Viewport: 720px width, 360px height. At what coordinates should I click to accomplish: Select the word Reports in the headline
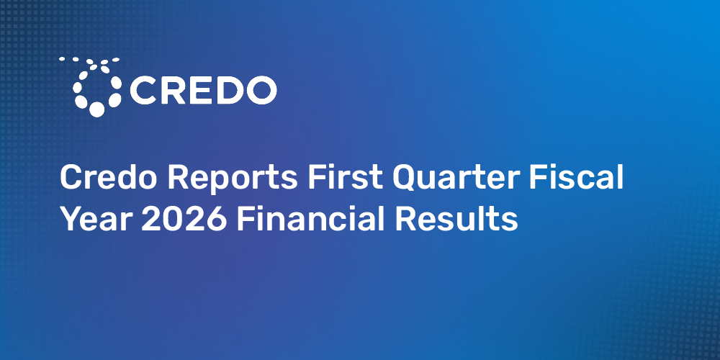[x=233, y=179]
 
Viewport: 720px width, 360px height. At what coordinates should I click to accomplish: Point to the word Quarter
[x=456, y=178]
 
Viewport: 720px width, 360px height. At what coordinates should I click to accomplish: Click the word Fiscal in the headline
[x=576, y=177]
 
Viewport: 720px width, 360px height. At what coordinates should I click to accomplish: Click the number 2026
[x=184, y=219]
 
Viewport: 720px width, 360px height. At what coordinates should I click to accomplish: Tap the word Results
[x=456, y=219]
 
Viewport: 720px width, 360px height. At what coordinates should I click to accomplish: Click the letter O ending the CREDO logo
[x=260, y=90]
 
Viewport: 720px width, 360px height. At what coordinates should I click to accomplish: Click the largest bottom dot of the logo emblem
[x=96, y=109]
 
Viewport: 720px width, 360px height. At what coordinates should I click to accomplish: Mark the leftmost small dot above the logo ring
[x=61, y=59]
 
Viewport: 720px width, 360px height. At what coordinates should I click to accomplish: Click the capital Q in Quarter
[x=406, y=178]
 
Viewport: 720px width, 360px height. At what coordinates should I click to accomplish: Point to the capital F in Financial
[x=246, y=219]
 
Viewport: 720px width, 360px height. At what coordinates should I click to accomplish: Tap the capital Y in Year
[x=71, y=219]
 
